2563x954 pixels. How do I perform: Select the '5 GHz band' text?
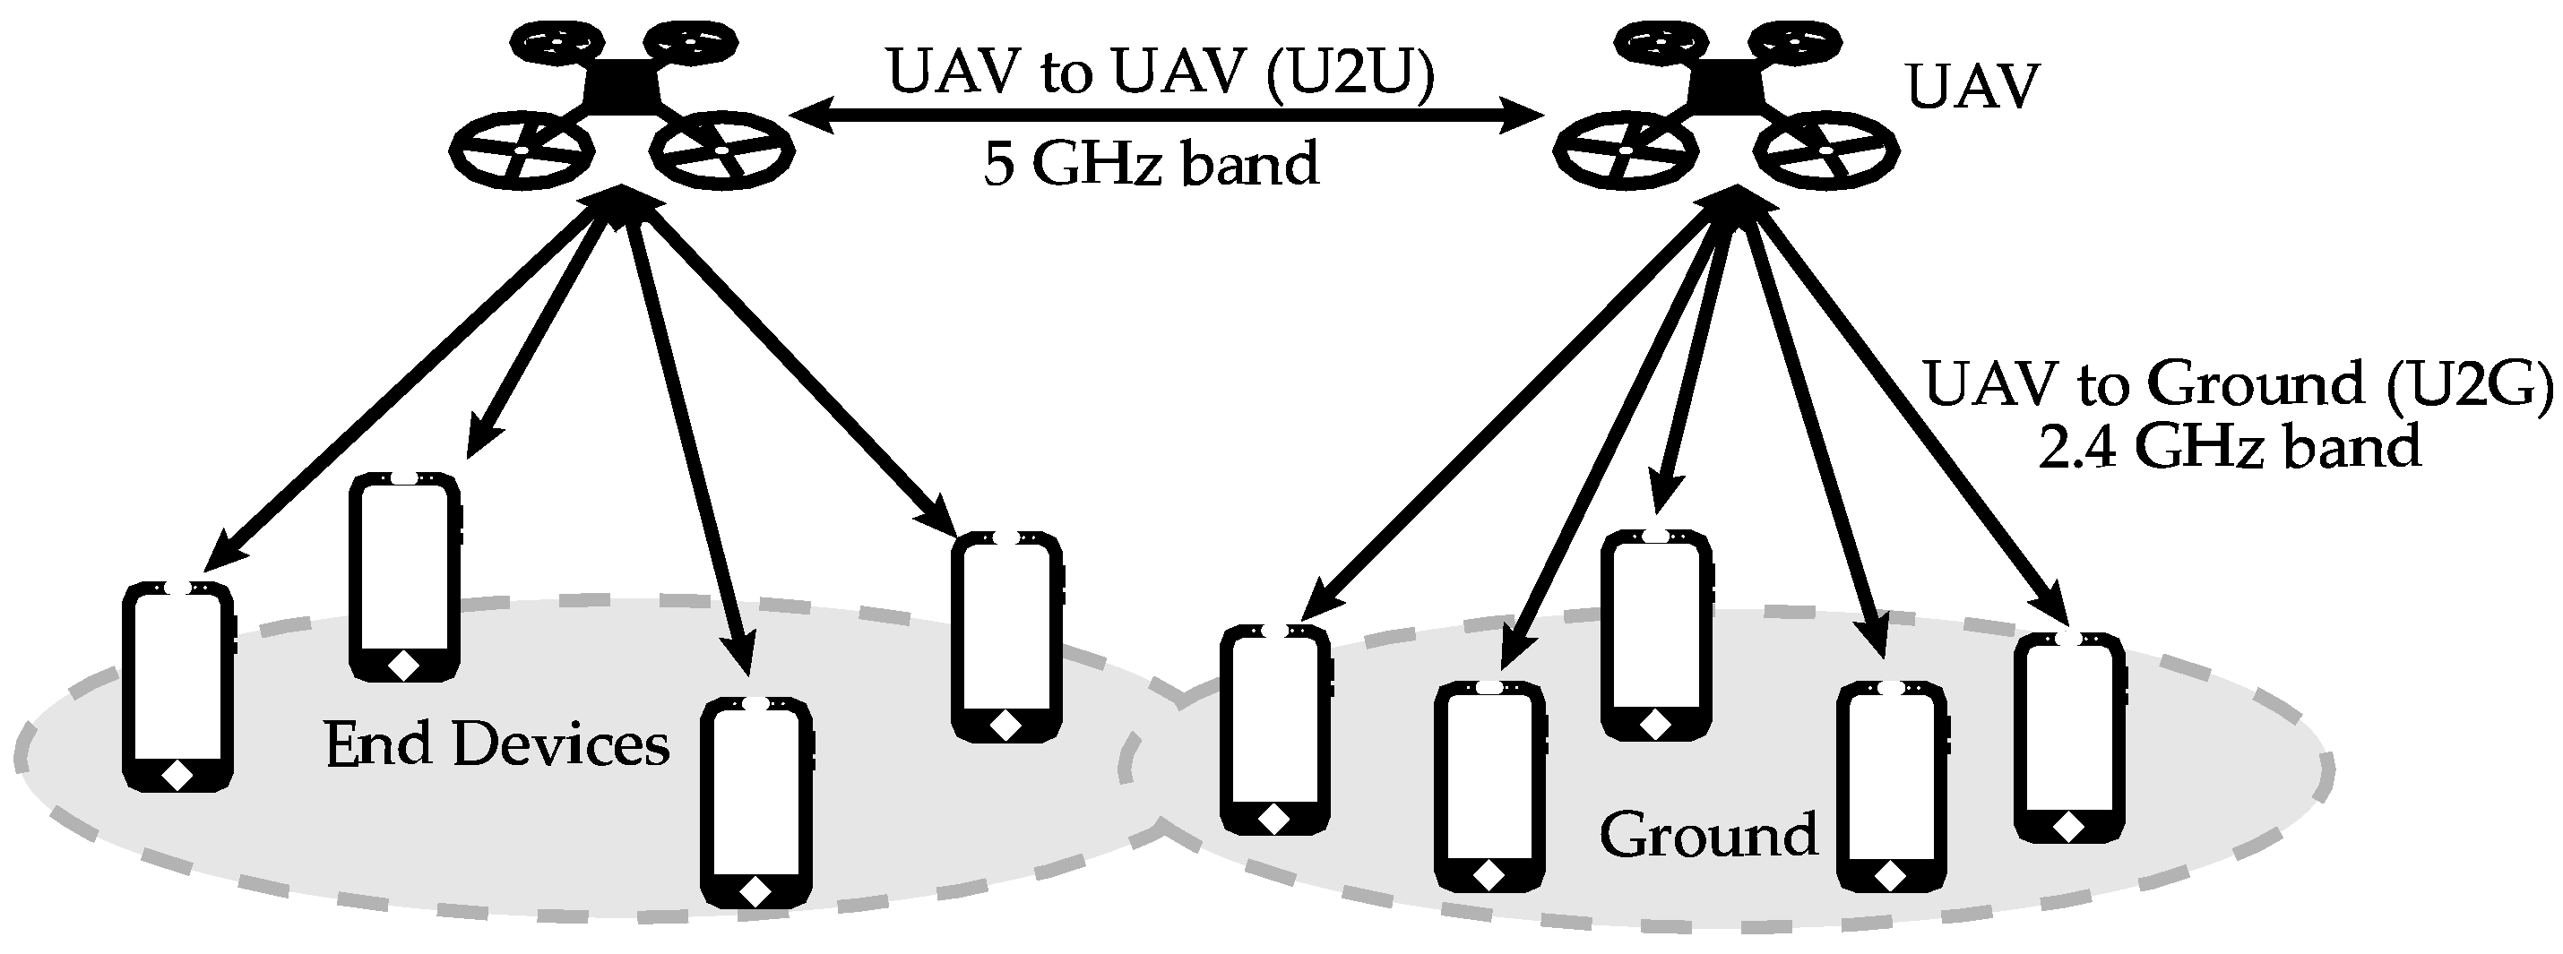[1152, 163]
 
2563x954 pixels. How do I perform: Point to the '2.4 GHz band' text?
[2229, 446]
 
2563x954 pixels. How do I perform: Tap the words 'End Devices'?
[496, 745]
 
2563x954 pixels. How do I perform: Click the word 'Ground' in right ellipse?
[1707, 834]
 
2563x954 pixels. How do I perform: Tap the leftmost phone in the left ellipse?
[177, 686]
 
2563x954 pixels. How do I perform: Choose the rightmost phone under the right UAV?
[2069, 736]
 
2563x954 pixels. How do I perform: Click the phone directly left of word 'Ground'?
[1489, 786]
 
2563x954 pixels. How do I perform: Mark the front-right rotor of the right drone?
[1826, 150]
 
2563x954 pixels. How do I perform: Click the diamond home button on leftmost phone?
[177, 774]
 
